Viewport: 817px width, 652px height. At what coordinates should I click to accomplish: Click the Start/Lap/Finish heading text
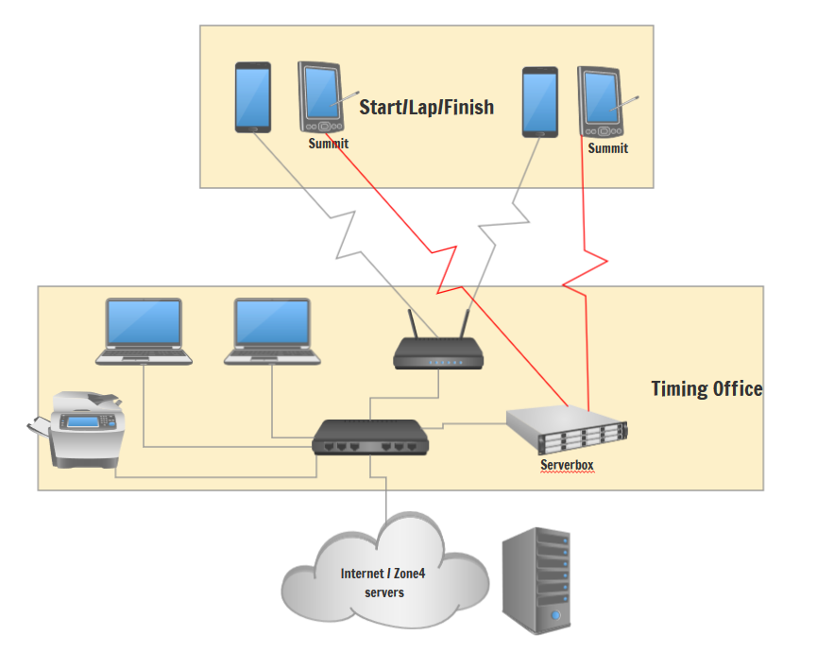point(426,107)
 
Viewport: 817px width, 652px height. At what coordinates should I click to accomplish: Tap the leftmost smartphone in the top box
point(252,97)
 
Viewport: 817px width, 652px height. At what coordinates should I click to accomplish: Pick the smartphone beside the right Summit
point(540,102)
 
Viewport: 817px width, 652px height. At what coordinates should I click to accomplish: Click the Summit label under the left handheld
point(328,144)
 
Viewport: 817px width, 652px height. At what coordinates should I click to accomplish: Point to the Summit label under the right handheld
point(607,148)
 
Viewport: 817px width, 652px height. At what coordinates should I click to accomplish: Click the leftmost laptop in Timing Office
point(144,332)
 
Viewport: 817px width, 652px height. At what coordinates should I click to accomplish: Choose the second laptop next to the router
point(272,332)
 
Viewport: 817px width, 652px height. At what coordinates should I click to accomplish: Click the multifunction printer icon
point(79,429)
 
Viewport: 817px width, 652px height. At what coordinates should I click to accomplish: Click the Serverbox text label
point(567,465)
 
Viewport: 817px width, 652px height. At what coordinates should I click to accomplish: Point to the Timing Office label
point(706,388)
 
